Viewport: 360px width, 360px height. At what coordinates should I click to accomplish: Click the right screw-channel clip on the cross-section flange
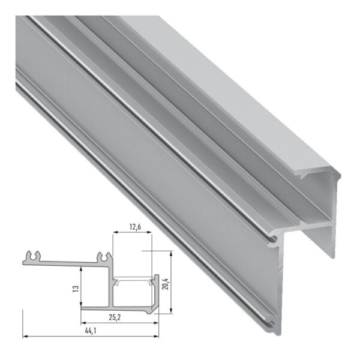click(x=102, y=257)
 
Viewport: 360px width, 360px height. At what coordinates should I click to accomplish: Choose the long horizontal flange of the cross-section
click(x=66, y=261)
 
